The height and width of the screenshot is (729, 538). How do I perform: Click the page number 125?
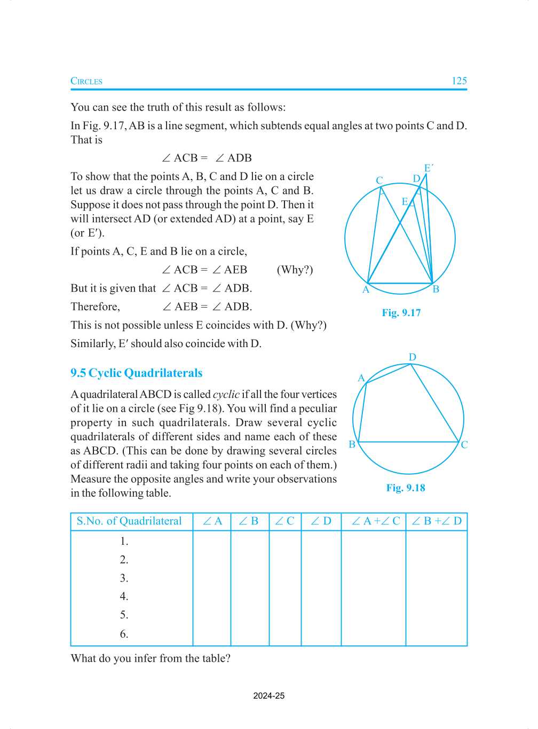(x=459, y=81)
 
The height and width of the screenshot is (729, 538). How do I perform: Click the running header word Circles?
(x=86, y=81)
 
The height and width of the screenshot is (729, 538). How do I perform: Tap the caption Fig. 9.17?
(x=401, y=313)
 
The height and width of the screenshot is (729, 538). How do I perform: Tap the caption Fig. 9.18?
(x=406, y=488)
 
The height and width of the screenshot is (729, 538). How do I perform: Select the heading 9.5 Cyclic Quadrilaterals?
(x=137, y=373)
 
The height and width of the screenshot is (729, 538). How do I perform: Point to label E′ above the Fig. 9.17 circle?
(x=428, y=168)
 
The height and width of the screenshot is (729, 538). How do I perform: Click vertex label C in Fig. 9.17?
(x=379, y=181)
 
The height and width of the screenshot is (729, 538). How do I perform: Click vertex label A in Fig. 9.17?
(x=366, y=290)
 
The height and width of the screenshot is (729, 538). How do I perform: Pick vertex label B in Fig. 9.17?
(x=436, y=289)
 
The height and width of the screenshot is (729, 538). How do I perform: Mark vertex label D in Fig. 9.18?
(x=413, y=357)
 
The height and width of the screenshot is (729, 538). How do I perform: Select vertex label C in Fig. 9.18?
(x=464, y=445)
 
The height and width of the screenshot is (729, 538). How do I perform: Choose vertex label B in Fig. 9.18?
(x=352, y=444)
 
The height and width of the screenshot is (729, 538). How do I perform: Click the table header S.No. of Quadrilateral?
(x=129, y=521)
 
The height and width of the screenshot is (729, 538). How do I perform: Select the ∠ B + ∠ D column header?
(x=437, y=521)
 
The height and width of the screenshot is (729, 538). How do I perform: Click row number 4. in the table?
(x=124, y=597)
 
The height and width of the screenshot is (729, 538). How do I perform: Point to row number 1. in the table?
(x=124, y=542)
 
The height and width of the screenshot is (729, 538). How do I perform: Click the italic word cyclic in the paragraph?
(x=226, y=395)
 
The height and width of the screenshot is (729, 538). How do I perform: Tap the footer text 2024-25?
(x=269, y=696)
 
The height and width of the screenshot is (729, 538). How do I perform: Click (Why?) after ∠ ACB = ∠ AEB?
(x=295, y=270)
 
